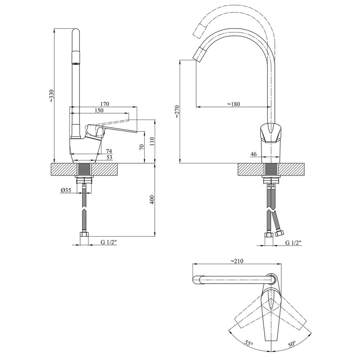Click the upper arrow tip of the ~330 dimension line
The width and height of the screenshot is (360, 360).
54,28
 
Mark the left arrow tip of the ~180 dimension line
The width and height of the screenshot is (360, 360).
196,107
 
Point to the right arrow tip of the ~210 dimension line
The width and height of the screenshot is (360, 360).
282,264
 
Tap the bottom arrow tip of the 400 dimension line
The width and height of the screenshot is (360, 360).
154,236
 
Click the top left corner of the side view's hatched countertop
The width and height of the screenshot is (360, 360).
51,163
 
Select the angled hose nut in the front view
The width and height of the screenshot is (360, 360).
279,234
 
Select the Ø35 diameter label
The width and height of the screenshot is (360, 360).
66,190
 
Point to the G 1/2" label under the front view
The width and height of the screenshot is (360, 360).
293,243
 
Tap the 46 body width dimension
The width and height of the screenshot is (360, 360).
254,154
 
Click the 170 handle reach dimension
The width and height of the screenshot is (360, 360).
104,104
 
